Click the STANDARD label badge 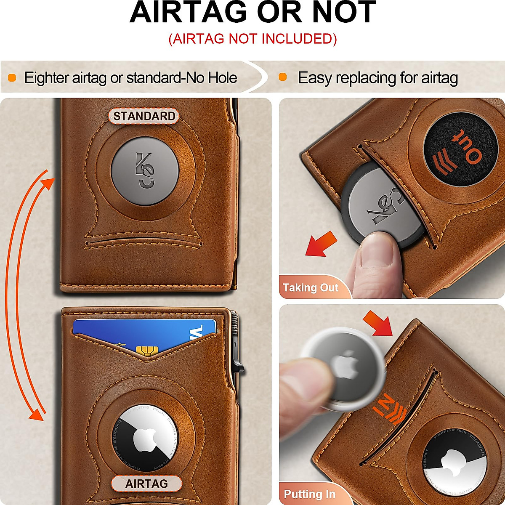coord(144,116)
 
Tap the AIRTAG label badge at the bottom coord(146,484)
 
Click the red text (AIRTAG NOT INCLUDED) coord(252,39)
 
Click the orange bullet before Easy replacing coord(283,77)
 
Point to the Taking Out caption coord(311,288)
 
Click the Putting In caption coord(310,494)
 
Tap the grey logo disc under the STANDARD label coord(145,170)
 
